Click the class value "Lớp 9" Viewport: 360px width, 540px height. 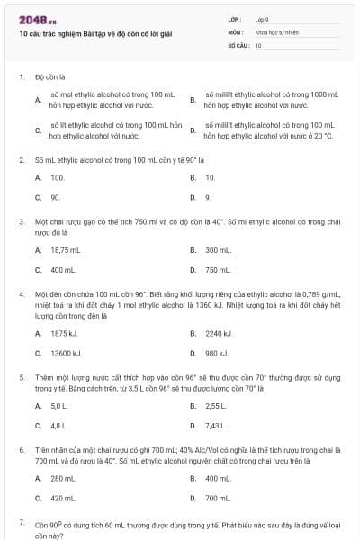point(262,19)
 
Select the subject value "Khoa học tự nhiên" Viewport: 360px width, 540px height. point(274,31)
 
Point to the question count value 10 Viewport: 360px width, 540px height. point(258,44)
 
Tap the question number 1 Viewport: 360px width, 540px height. point(21,77)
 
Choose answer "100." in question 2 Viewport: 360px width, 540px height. point(58,178)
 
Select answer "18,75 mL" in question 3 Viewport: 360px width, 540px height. point(66,250)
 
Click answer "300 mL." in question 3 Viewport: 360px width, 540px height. point(218,250)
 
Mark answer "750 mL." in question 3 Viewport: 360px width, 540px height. point(218,269)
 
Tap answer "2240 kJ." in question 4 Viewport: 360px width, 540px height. point(218,334)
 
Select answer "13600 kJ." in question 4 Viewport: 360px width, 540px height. point(67,353)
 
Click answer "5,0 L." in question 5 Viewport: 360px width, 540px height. point(59,406)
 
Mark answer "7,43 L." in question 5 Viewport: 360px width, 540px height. point(216,425)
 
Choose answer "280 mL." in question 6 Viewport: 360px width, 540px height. point(63,478)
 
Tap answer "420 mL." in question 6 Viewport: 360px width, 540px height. point(63,497)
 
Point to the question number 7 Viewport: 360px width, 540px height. point(21,522)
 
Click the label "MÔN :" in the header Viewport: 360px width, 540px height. point(237,31)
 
